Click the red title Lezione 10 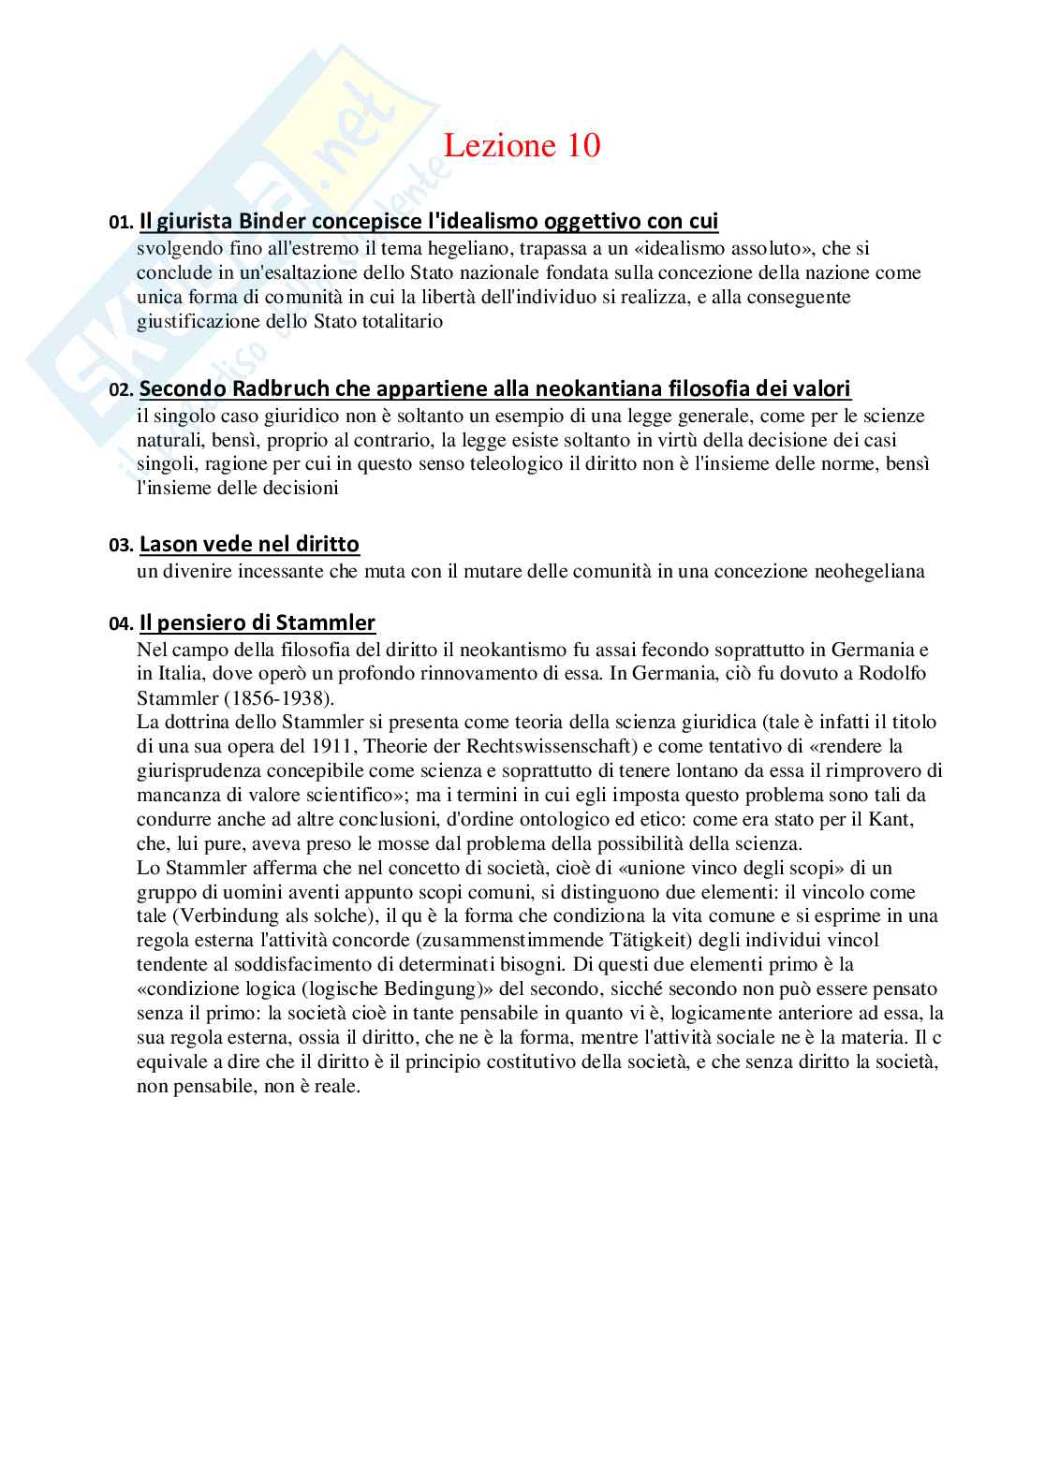tap(522, 146)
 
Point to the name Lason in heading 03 tap(168, 545)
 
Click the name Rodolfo tap(893, 674)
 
